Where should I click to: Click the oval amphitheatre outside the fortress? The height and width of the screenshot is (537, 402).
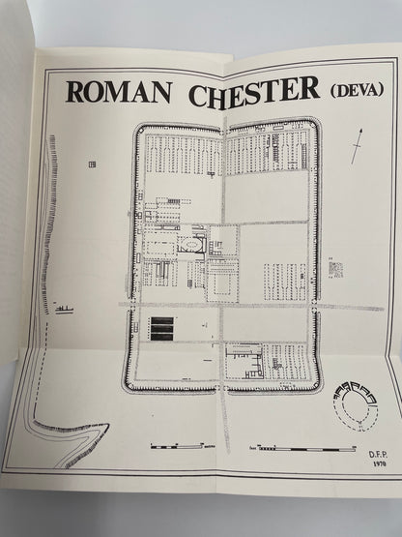click(x=354, y=403)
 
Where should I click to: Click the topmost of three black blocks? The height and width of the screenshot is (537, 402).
click(x=162, y=320)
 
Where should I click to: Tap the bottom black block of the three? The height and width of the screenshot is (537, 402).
click(x=162, y=339)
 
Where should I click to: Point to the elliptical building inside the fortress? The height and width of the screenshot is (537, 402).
click(x=190, y=243)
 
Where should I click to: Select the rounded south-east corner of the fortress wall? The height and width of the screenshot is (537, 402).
click(x=314, y=384)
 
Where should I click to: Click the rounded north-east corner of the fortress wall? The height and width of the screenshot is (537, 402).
click(x=313, y=125)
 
